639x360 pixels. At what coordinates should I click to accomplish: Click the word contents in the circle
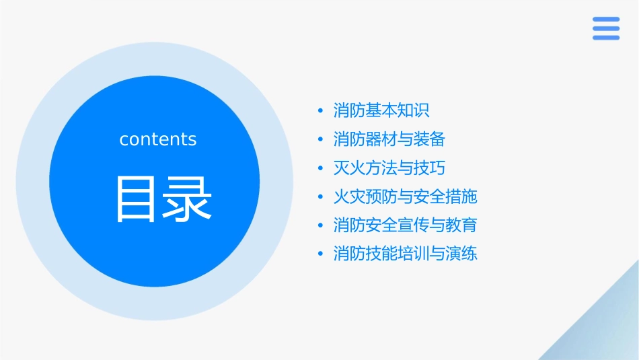(158, 139)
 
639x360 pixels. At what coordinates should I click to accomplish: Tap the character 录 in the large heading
(186, 199)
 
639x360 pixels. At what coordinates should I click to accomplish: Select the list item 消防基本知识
(381, 110)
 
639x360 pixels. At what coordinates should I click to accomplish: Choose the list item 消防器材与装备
(389, 139)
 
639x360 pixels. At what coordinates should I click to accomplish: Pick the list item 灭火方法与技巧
(389, 168)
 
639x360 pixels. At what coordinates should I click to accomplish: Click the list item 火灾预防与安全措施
(405, 196)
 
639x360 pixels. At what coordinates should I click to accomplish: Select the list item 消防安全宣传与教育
(405, 225)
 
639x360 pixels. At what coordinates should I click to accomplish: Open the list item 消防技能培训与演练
(405, 254)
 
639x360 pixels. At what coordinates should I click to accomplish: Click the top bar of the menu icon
(605, 20)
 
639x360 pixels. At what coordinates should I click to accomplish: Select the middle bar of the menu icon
(605, 28)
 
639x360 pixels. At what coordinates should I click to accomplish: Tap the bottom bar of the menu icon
(605, 37)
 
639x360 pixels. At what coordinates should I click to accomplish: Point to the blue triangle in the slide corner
(605, 330)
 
